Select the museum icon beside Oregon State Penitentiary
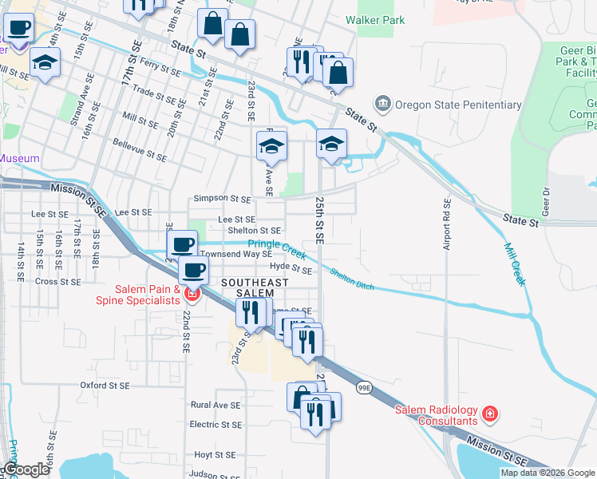[384, 104]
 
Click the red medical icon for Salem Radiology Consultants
[490, 415]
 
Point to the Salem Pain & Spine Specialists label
[137, 295]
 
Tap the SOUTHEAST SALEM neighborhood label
[254, 288]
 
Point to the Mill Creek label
[515, 264]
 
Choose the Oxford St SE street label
[105, 385]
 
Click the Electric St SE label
[215, 425]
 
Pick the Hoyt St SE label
[215, 454]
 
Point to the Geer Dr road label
[547, 201]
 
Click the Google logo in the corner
[26, 470]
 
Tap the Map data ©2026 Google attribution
[547, 473]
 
